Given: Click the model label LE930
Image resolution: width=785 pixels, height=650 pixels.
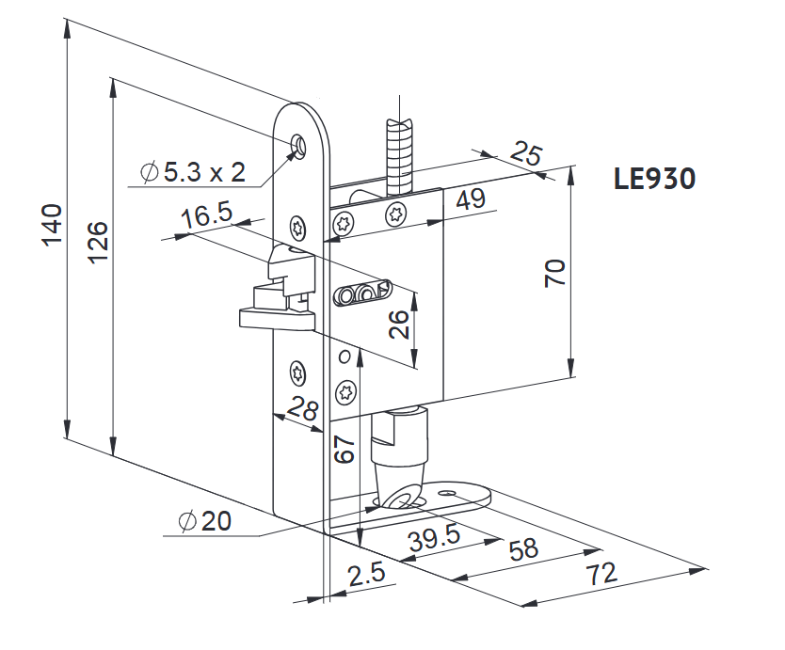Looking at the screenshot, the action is click(x=654, y=178).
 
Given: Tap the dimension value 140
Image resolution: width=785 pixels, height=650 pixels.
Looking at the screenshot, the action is click(x=52, y=225).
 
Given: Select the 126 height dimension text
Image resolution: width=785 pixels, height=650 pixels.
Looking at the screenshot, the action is click(x=98, y=242).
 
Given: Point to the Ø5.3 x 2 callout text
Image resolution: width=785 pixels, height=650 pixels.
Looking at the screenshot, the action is click(x=193, y=172).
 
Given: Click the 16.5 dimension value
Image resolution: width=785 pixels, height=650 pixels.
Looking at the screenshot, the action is click(x=207, y=214).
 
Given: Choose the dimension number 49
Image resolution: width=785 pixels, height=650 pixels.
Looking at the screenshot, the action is click(x=471, y=199).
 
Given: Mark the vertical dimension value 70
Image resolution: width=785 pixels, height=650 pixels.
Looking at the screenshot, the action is click(x=555, y=273).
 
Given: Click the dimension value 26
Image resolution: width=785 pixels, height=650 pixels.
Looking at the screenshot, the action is click(x=399, y=325).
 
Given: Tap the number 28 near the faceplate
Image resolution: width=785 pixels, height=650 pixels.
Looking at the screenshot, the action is click(x=303, y=407).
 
